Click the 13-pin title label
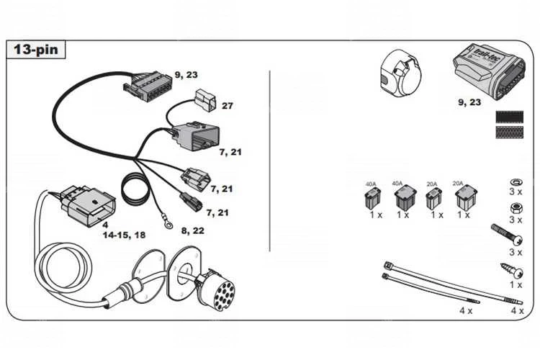coord(37,50)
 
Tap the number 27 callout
coord(227,106)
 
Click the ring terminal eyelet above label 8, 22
coord(169,225)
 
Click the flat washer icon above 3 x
coord(515,181)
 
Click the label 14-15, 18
coord(124,235)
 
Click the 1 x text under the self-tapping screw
coord(516,285)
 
